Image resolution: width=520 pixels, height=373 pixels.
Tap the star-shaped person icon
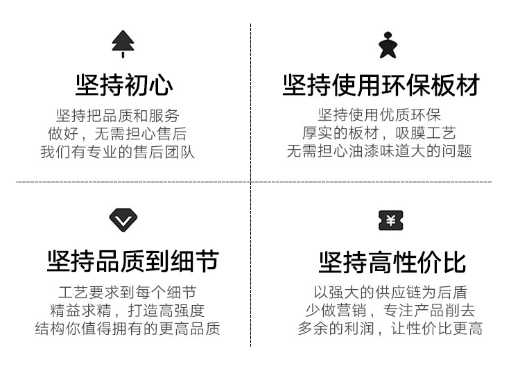tap(388, 45)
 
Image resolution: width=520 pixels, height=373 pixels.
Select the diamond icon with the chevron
tap(123, 220)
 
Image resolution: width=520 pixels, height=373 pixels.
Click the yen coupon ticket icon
tap(390, 220)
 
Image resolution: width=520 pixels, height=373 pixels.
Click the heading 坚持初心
tap(124, 86)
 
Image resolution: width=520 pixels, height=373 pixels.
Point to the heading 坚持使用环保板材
tap(381, 86)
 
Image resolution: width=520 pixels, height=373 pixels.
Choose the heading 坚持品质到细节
tap(132, 261)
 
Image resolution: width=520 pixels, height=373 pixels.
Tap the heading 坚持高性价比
tap(392, 263)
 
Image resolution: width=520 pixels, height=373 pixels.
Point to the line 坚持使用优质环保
tap(379, 115)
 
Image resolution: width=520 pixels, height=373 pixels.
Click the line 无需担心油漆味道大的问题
tap(379, 152)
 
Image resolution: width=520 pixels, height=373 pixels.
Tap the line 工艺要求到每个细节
tap(128, 292)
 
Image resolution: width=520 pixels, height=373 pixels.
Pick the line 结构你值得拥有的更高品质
tap(128, 329)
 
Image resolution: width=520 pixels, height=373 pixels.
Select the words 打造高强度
tap(166, 311)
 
